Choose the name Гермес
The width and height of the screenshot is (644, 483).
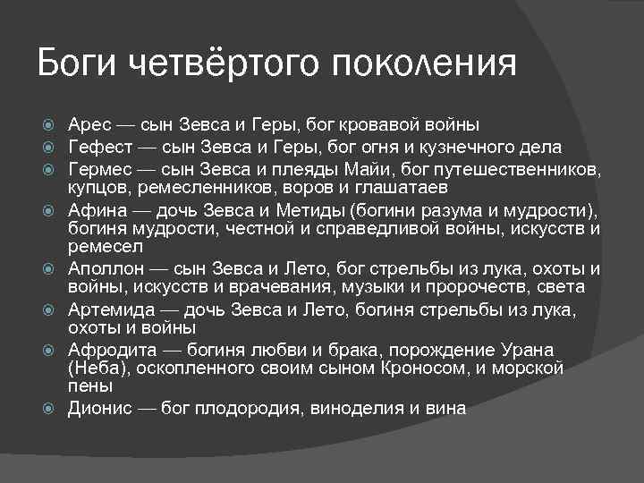99,169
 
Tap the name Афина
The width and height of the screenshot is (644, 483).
96,211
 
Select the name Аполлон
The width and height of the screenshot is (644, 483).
105,268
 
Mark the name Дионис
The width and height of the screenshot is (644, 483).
100,408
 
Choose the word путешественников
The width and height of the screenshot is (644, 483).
519,169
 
